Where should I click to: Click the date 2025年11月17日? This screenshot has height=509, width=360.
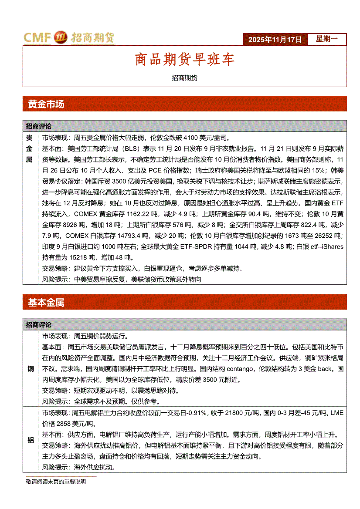pos(275,40)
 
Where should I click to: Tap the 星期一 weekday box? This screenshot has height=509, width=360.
pos(326,39)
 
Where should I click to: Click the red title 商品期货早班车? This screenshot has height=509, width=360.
pos(184,60)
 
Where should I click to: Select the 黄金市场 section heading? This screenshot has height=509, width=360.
pos(46,104)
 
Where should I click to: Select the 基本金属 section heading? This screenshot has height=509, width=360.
pos(46,303)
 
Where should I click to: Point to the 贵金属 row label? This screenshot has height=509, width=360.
pos(30,148)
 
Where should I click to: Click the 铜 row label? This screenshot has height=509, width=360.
pos(31,369)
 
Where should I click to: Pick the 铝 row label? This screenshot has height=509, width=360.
pos(31,440)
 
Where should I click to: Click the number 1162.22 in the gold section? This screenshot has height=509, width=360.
pos(135,214)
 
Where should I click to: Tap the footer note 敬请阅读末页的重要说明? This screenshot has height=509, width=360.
pos(56,482)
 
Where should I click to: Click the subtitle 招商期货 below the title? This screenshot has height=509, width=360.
pos(184,78)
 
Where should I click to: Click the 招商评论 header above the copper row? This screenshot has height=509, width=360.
pos(38,325)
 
